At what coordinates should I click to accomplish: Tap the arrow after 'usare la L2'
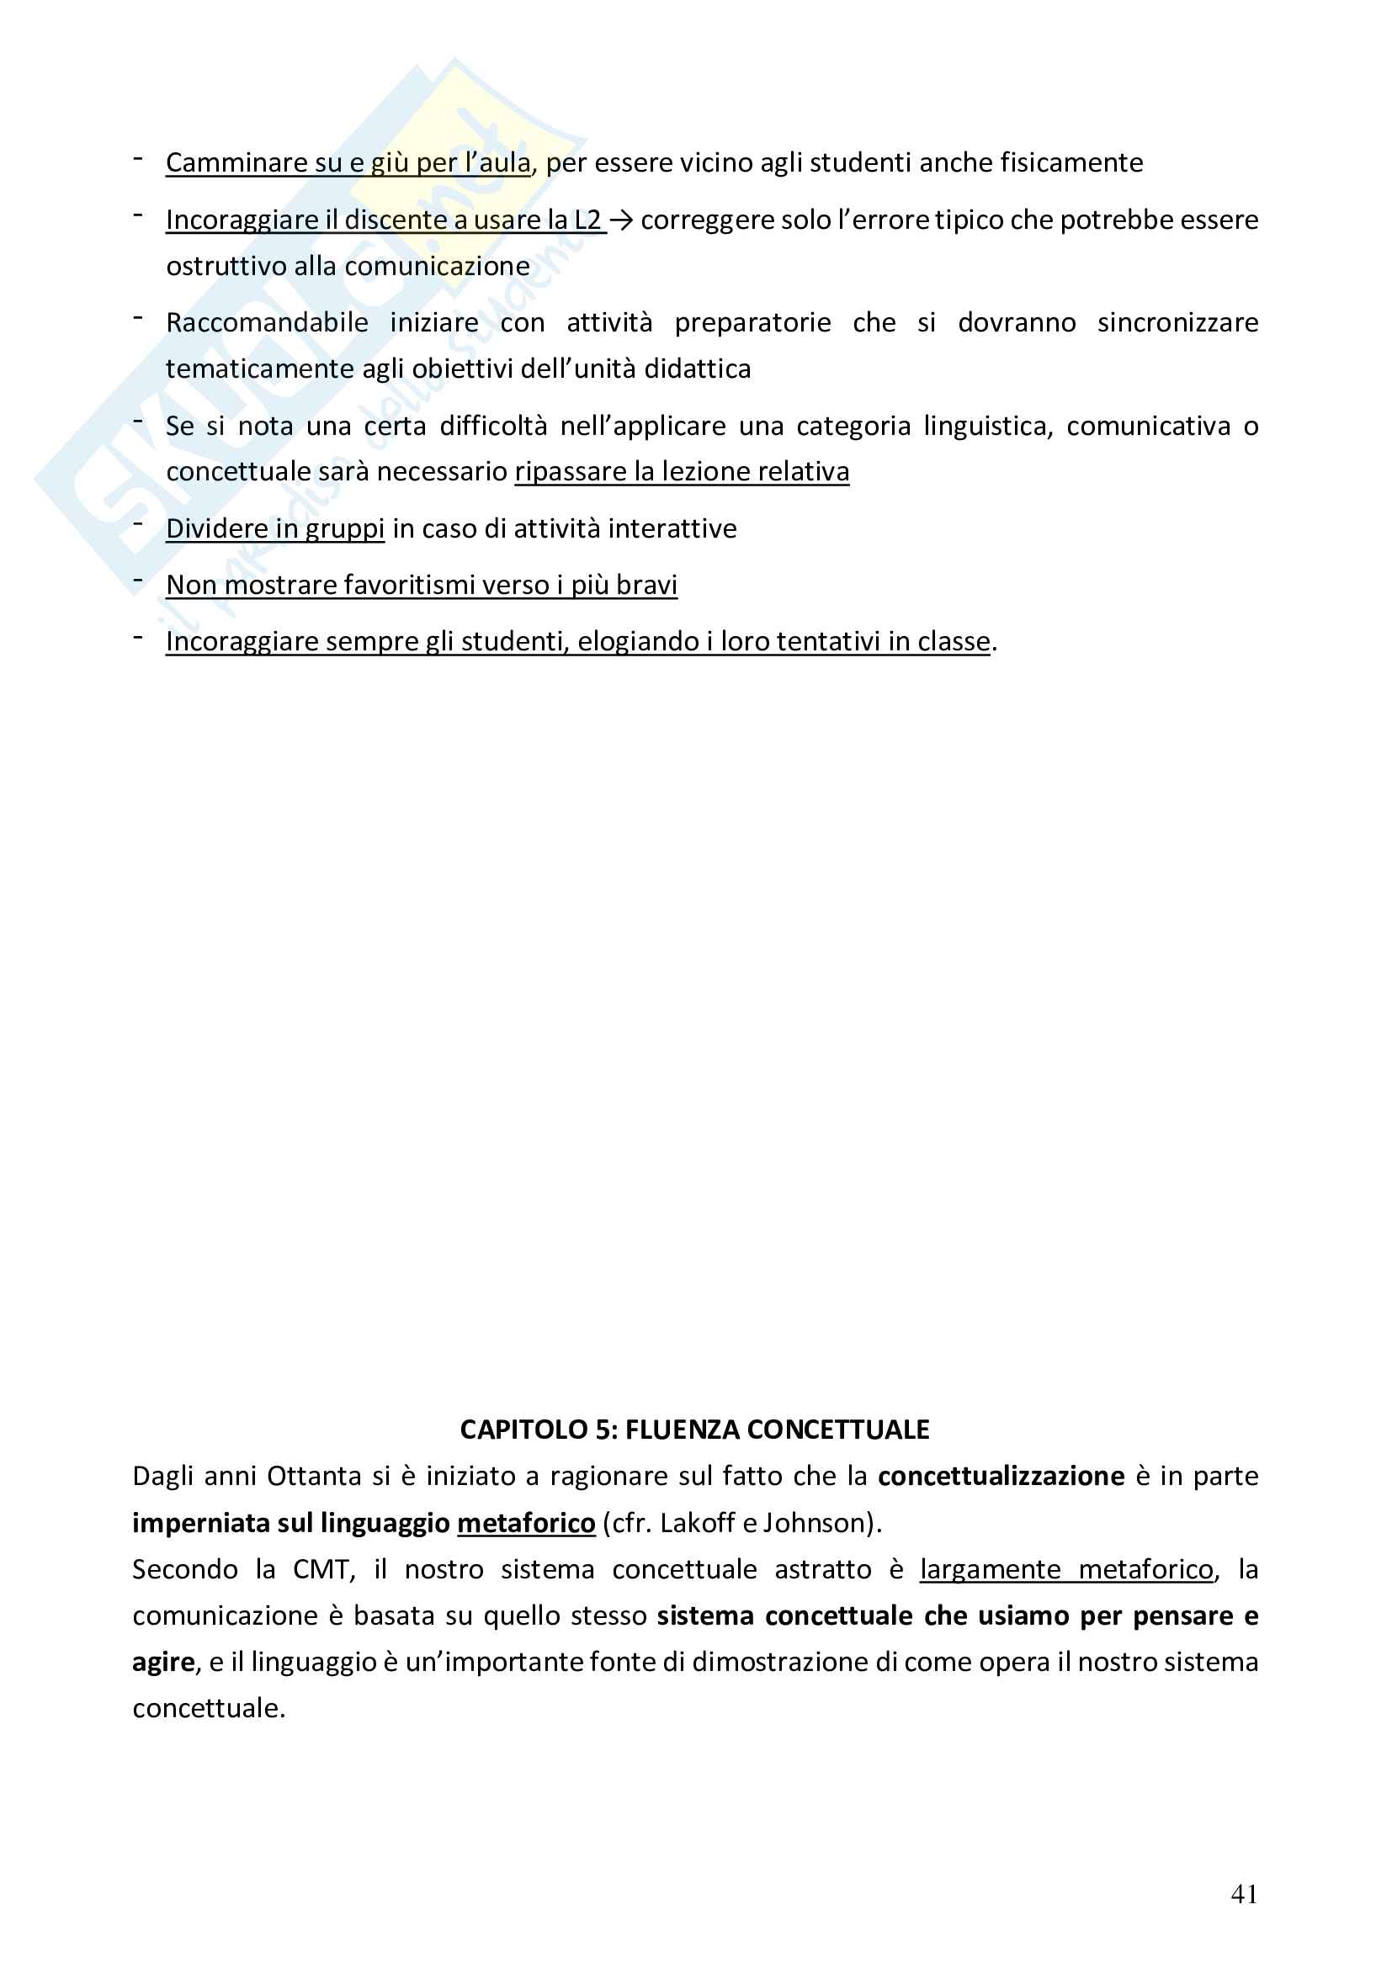coord(620,220)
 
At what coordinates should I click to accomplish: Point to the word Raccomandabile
coord(267,322)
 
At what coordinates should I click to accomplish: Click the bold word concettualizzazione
coord(1001,1475)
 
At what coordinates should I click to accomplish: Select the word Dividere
coord(216,528)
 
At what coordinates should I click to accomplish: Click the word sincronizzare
coord(1177,322)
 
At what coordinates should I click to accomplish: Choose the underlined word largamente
coord(989,1568)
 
